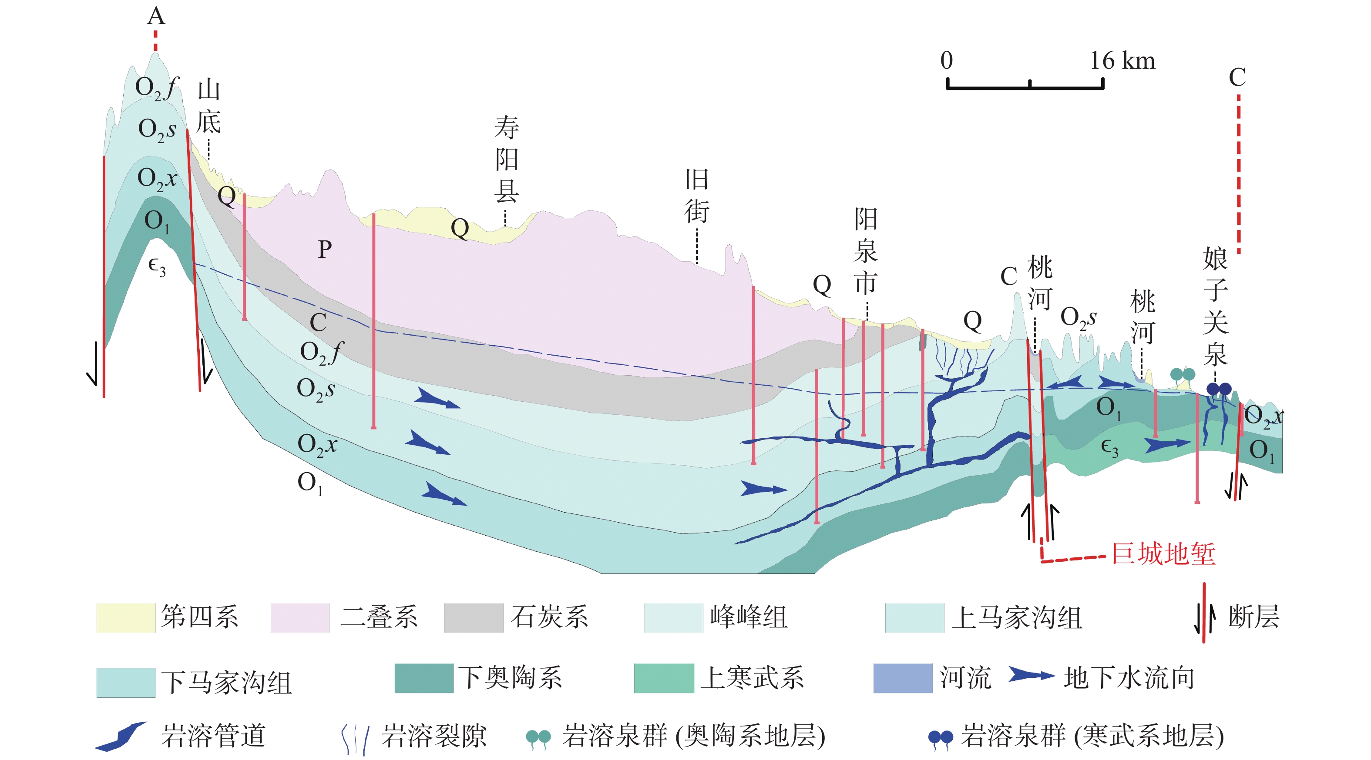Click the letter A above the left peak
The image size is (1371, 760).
(156, 16)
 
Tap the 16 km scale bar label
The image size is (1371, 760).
(1122, 60)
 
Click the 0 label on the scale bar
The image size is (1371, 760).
(946, 60)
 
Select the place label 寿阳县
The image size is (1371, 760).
(506, 159)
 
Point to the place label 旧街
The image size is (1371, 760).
(697, 196)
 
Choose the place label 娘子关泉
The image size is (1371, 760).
(1215, 307)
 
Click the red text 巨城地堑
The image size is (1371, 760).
(1164, 553)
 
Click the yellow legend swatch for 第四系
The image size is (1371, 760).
(126, 617)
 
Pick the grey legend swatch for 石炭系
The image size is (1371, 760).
(474, 617)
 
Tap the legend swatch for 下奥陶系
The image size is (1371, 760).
(423, 678)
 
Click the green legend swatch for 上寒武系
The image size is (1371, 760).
(664, 678)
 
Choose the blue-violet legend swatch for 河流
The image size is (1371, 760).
(903, 678)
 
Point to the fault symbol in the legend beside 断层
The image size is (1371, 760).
(1204, 613)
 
